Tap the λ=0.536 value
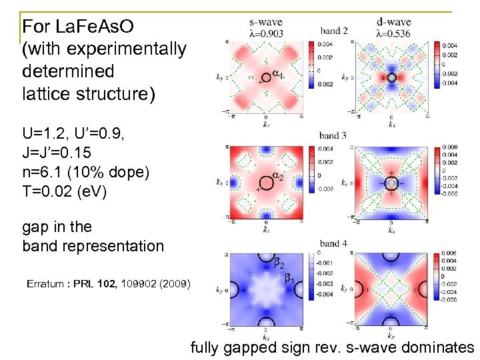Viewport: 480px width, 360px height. (393, 33)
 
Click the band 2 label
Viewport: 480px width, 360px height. (334, 31)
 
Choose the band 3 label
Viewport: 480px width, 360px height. (333, 136)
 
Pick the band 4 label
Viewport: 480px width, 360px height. (333, 243)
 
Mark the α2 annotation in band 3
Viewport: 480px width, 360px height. (279, 177)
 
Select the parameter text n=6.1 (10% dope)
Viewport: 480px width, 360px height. (86, 171)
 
